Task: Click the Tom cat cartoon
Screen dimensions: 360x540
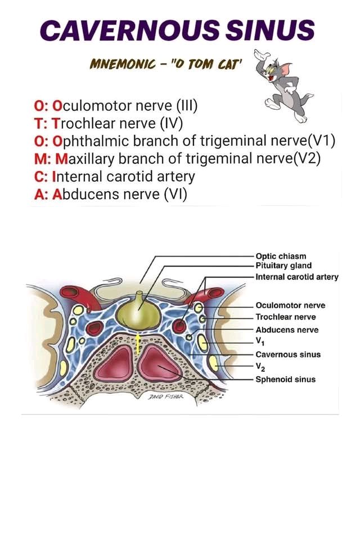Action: click(x=284, y=85)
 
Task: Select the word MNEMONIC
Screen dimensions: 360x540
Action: click(x=122, y=64)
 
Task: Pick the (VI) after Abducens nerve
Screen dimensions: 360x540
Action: click(x=175, y=195)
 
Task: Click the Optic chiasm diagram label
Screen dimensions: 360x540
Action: click(x=281, y=256)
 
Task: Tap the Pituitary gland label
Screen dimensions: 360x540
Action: click(x=283, y=265)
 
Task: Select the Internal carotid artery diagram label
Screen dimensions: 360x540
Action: click(x=297, y=277)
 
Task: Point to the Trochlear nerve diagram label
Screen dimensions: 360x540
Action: click(x=286, y=317)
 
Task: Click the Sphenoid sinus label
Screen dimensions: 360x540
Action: click(x=286, y=380)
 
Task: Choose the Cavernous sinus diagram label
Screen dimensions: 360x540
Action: click(x=288, y=354)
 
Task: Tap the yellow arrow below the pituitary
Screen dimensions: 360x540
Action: click(x=138, y=344)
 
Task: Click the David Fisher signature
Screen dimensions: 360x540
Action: click(x=166, y=397)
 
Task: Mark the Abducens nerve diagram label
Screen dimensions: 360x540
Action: click(x=287, y=330)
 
